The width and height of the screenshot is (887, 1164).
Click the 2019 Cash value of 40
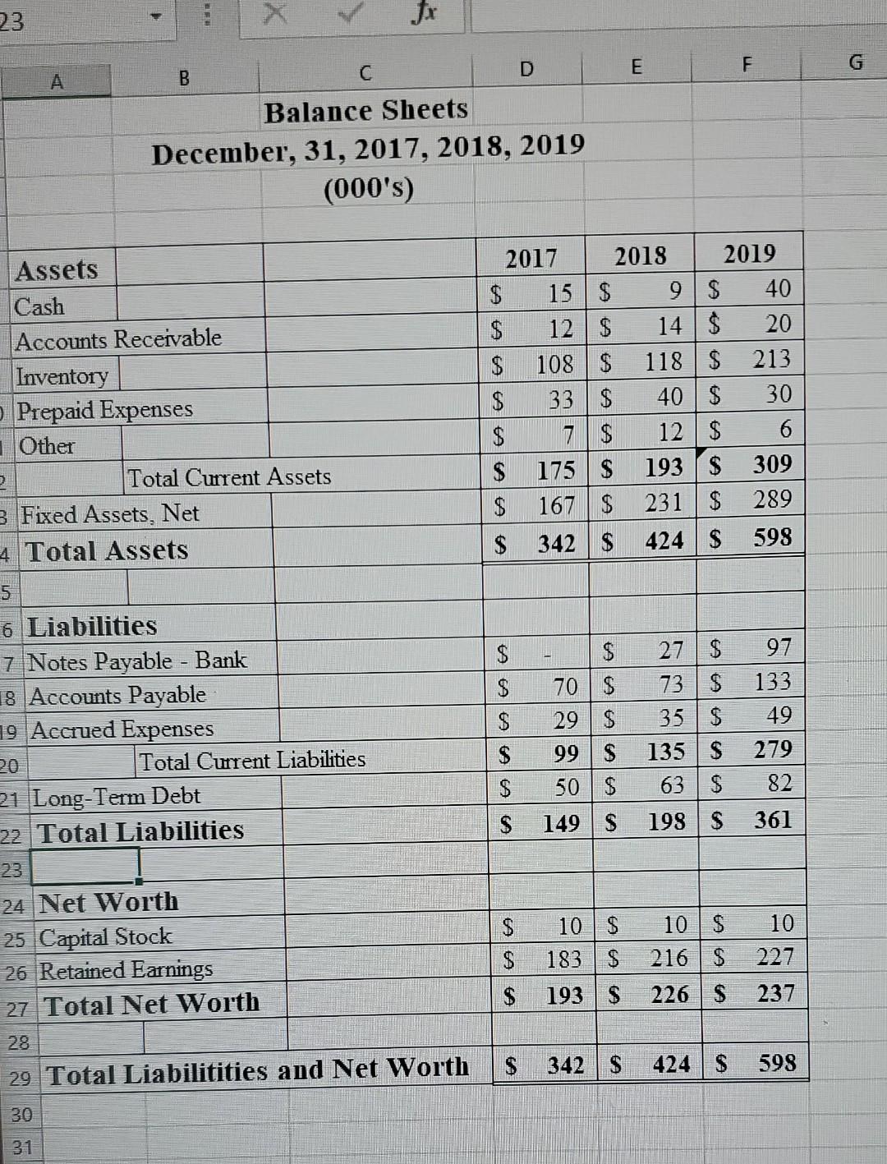pyautogui.click(x=777, y=289)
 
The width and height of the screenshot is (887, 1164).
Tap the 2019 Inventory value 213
pyautogui.click(x=772, y=359)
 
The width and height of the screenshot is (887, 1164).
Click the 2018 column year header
pyautogui.click(x=641, y=256)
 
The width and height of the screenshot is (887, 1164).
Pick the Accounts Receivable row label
pyautogui.click(x=119, y=339)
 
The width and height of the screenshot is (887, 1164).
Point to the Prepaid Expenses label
pyautogui.click(x=105, y=410)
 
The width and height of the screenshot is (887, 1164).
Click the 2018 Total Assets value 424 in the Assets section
pyautogui.click(x=664, y=541)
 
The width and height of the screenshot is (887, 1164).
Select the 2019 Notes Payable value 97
pyautogui.click(x=778, y=648)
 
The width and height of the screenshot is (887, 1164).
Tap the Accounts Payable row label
pyautogui.click(x=117, y=696)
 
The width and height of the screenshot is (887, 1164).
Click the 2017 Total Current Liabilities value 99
pyautogui.click(x=566, y=753)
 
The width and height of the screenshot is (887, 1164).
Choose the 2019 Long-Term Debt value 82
pyautogui.click(x=779, y=784)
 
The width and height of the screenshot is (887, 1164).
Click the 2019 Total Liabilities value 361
pyautogui.click(x=773, y=820)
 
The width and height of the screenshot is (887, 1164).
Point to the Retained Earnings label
pyautogui.click(x=126, y=971)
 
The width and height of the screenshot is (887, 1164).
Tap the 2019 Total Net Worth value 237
pyautogui.click(x=775, y=994)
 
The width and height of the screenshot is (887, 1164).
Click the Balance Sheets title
pyautogui.click(x=366, y=110)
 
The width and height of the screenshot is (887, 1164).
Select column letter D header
pyautogui.click(x=526, y=71)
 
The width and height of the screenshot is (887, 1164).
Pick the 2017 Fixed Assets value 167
pyautogui.click(x=555, y=505)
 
